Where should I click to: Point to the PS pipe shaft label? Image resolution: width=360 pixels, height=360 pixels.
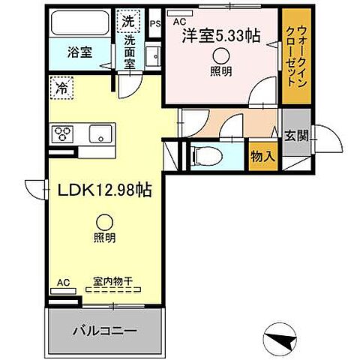tap(156, 23)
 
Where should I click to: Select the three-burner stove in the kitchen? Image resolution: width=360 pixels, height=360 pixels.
tap(62, 134)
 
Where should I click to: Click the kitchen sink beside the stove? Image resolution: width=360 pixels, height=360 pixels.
tap(100, 134)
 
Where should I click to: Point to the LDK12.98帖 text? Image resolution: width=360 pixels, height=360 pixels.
tap(105, 190)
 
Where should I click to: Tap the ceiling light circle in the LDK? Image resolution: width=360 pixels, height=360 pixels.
tap(105, 221)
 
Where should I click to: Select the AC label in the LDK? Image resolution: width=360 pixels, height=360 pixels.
tap(63, 283)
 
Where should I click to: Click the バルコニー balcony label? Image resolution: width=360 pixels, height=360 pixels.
tap(104, 330)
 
